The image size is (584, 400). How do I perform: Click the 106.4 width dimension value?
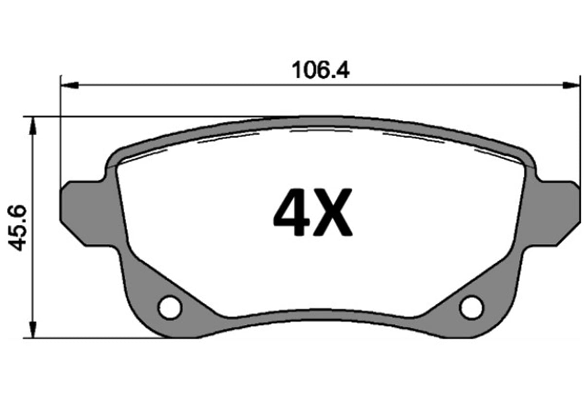click(x=320, y=70)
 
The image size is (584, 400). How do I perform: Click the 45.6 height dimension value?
click(x=18, y=228)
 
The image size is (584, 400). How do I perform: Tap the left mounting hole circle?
click(x=170, y=308)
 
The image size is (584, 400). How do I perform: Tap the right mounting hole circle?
click(x=471, y=308)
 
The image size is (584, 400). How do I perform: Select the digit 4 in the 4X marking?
click(x=291, y=212)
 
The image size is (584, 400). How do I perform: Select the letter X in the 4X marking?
click(x=333, y=212)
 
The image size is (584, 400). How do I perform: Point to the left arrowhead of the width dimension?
click(x=70, y=85)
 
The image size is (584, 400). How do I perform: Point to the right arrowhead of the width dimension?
click(x=571, y=85)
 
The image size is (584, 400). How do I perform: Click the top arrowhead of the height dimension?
click(x=33, y=126)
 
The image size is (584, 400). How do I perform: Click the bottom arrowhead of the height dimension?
click(x=33, y=329)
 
